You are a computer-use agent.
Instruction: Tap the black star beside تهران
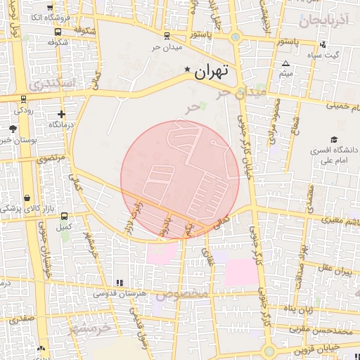[x=187, y=70]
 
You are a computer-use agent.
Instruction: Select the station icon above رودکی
[x=24, y=99]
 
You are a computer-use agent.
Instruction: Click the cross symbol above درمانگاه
[x=62, y=114]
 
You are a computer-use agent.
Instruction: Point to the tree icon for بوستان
[x=13, y=128]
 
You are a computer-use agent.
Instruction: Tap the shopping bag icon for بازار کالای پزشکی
[x=27, y=198]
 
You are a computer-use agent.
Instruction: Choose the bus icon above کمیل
[x=65, y=217]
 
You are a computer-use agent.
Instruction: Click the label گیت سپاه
[x=326, y=55]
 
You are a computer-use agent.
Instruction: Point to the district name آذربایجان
[x=323, y=20]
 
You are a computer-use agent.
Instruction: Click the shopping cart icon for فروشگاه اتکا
[x=58, y=31]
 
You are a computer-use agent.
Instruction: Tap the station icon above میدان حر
[x=167, y=35]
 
